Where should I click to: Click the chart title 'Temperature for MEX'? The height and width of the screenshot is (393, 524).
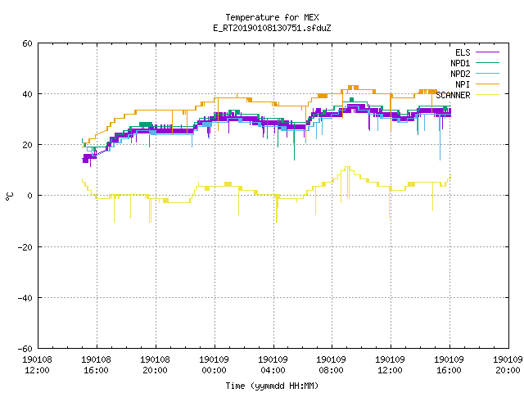(272, 17)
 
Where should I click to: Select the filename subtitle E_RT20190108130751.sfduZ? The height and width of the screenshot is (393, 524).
(272, 28)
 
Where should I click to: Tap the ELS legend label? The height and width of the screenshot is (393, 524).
(463, 52)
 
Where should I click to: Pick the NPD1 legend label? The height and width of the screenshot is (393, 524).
(460, 63)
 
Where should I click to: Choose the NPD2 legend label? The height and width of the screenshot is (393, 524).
(460, 74)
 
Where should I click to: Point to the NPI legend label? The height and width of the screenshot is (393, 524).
(463, 84)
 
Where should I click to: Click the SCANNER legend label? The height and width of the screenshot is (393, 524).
(453, 95)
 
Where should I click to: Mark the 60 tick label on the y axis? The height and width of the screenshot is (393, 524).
(27, 43)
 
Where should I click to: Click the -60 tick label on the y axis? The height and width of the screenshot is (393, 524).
(25, 349)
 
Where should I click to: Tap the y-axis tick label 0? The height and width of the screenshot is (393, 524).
(29, 196)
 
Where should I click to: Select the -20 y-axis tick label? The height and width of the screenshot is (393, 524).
(25, 247)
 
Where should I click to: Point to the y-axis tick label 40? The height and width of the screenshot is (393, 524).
(27, 94)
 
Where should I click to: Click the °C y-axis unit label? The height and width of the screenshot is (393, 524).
(10, 196)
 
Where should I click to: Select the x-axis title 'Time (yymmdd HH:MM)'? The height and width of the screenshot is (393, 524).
(272, 386)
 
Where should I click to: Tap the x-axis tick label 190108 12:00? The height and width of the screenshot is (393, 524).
(37, 365)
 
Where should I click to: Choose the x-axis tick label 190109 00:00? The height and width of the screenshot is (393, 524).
(214, 365)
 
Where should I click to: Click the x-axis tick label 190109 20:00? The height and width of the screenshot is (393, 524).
(508, 365)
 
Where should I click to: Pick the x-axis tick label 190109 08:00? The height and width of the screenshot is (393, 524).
(331, 365)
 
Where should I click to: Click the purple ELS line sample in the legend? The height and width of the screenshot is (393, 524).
(487, 52)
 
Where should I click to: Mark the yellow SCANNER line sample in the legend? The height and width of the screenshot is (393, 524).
(487, 95)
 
